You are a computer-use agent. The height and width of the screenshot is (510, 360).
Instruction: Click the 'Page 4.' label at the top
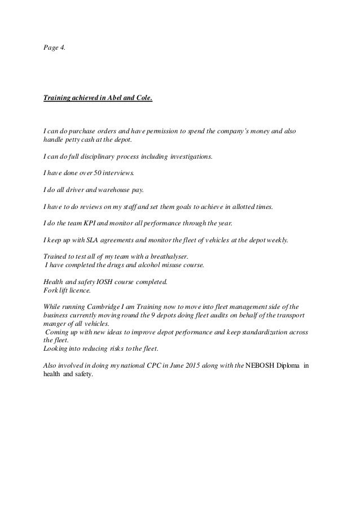[x=54, y=49]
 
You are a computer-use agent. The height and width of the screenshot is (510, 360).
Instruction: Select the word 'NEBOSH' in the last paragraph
[x=261, y=364]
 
